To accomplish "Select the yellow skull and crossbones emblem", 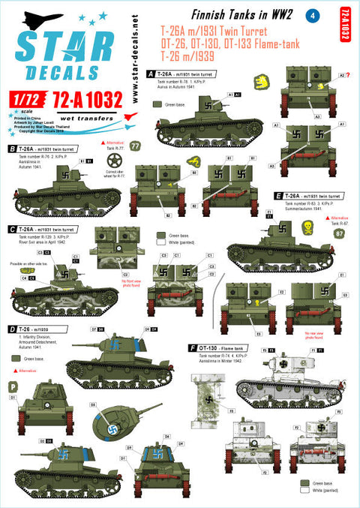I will tap(307, 226).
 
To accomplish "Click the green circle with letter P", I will tap(13, 386).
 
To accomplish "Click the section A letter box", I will tap(151, 74).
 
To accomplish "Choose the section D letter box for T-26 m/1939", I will tap(12, 329).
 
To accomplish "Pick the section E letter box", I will tap(279, 194).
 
